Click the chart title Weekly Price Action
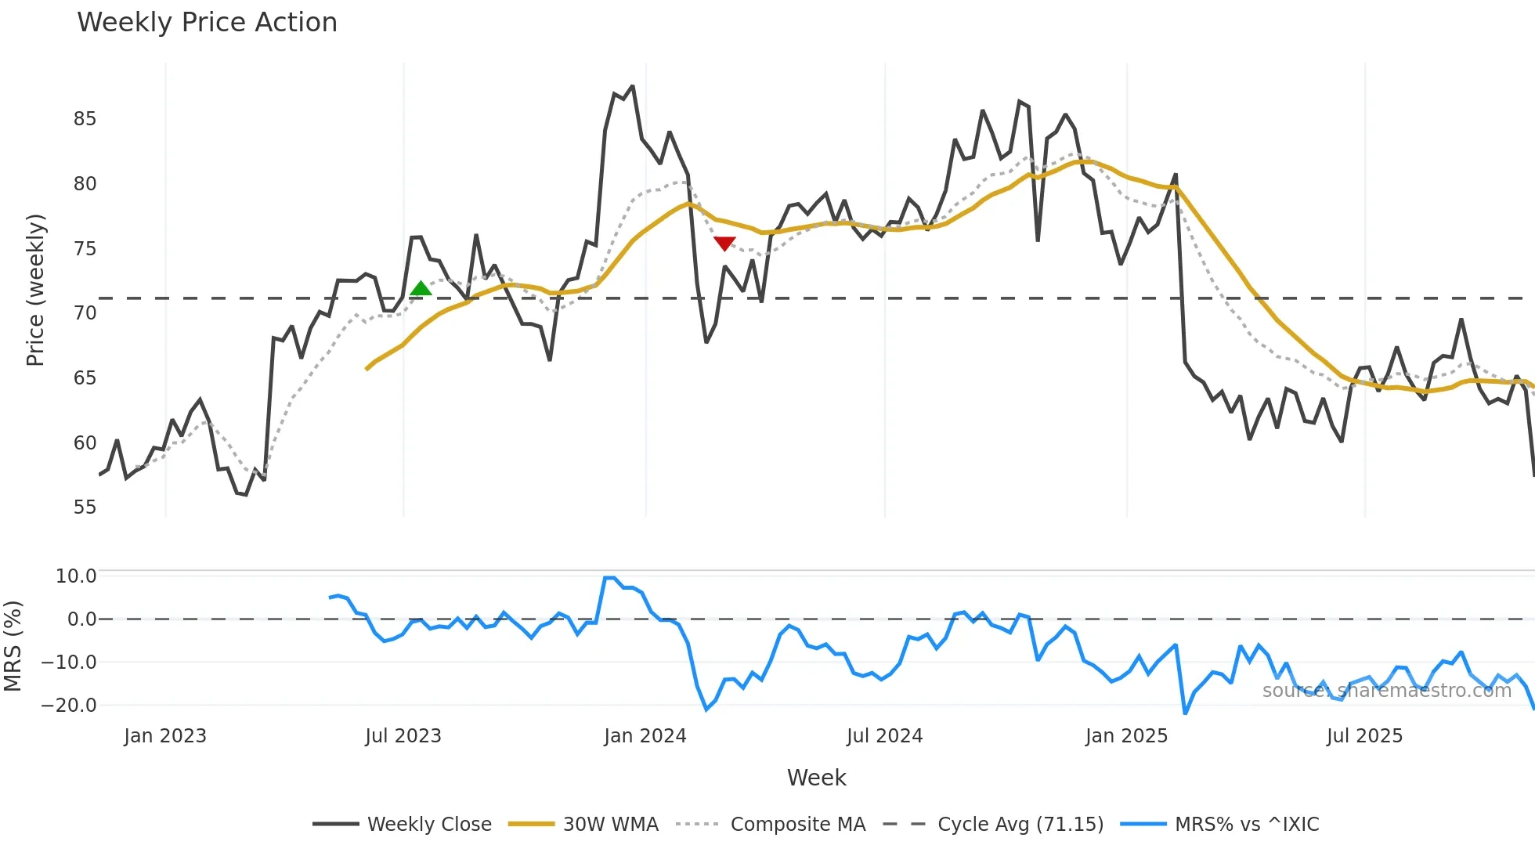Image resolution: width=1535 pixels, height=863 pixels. [207, 23]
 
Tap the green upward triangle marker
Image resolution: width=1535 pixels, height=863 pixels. [421, 289]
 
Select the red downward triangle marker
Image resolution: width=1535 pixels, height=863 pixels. [724, 244]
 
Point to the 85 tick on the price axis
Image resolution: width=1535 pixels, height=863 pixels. [85, 119]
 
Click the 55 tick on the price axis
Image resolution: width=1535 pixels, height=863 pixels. [85, 507]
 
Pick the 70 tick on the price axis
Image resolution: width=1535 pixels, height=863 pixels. [85, 313]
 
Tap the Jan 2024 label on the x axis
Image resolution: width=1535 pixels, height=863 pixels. [645, 736]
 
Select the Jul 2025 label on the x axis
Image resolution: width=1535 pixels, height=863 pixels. [1364, 736]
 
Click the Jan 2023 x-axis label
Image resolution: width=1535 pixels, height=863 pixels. [165, 736]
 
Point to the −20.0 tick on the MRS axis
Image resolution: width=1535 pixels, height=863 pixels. [68, 705]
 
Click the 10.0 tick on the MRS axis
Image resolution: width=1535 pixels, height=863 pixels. [76, 576]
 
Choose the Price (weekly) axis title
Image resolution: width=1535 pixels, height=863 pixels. [35, 290]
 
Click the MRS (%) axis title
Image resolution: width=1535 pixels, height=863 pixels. [13, 646]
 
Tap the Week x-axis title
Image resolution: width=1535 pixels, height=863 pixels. [816, 778]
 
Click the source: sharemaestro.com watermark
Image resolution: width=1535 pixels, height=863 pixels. [1386, 691]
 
